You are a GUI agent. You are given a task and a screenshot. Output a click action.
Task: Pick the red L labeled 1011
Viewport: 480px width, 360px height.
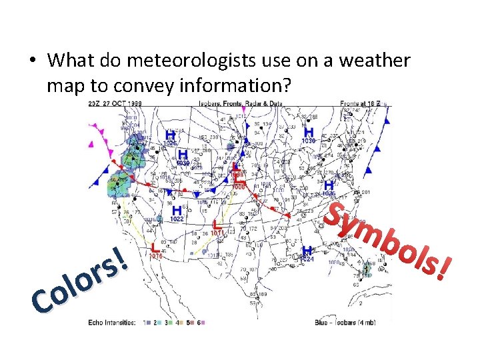pos(215,226)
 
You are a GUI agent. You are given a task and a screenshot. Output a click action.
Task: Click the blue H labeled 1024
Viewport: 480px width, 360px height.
pos(307,251)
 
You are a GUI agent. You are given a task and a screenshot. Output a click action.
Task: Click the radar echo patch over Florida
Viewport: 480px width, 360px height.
pos(366,271)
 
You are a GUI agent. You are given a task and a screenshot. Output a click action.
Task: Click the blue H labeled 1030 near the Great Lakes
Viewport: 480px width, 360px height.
pos(309,133)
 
